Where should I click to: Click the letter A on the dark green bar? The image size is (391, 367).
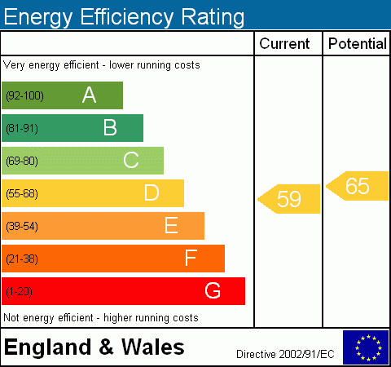[89, 95]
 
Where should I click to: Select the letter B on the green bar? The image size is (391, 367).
[110, 127]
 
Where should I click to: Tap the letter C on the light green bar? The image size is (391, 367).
[131, 160]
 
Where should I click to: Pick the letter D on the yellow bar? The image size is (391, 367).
[152, 192]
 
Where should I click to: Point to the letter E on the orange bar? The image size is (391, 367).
[171, 225]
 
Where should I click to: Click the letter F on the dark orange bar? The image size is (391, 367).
[191, 258]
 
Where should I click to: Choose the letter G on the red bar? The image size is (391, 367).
[213, 290]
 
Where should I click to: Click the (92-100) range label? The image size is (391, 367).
[24, 95]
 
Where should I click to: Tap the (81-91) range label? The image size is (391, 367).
[22, 128]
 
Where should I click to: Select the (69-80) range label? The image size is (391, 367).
[22, 161]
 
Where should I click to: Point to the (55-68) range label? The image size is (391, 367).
[22, 193]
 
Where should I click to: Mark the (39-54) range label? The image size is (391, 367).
[22, 226]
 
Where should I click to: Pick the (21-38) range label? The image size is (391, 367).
[22, 259]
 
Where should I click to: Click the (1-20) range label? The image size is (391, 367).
[19, 291]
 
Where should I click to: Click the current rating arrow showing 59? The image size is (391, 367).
[289, 199]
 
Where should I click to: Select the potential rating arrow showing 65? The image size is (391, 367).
[358, 186]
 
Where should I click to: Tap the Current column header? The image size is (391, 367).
[284, 43]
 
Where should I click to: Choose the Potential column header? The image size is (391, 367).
[358, 43]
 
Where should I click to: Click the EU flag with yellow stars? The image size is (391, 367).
[366, 347]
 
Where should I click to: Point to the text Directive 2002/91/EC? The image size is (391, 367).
[285, 354]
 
